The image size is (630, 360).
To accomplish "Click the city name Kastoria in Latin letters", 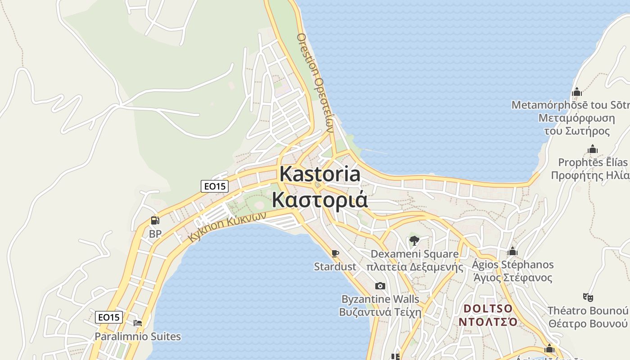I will [x=320, y=174].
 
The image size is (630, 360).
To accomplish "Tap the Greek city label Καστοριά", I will [x=320, y=199].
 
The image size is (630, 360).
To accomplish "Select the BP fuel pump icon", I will [x=155, y=220].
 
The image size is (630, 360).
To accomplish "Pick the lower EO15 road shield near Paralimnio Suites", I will [x=109, y=317].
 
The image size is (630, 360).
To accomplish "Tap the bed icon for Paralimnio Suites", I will [x=138, y=323].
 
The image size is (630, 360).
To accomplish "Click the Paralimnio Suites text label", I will [x=138, y=336].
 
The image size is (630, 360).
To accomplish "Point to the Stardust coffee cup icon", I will [x=334, y=253].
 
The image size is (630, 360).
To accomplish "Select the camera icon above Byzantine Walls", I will [x=380, y=286].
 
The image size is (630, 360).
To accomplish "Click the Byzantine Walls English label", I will [x=380, y=299].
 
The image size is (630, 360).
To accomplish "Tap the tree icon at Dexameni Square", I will [x=414, y=240].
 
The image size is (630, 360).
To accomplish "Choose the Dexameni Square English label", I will [x=414, y=254].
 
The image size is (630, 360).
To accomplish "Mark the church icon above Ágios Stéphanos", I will [x=512, y=251].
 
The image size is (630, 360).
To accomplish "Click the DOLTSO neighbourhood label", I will [x=488, y=309].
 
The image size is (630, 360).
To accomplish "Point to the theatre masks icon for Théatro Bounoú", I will [x=588, y=297].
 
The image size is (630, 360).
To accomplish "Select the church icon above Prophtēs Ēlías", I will [x=593, y=149].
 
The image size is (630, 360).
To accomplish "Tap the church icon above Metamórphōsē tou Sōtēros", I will [x=576, y=92].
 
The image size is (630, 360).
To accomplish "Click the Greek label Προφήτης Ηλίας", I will [x=589, y=175].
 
